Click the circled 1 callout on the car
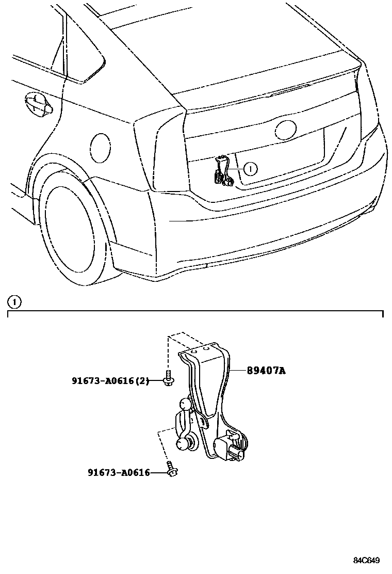(250, 168)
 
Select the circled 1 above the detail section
(14, 301)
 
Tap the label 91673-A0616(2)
(110, 381)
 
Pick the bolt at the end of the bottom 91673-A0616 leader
(171, 469)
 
